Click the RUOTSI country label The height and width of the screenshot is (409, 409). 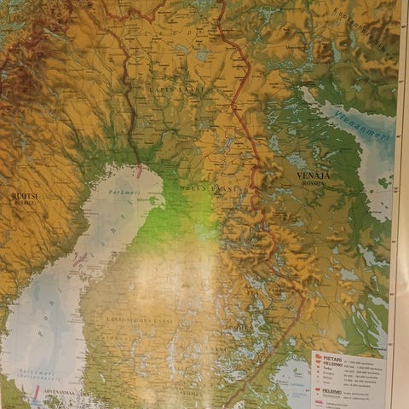[23, 195]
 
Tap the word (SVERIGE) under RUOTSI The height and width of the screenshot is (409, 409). [23, 204]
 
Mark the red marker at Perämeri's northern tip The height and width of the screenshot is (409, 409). [139, 171]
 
